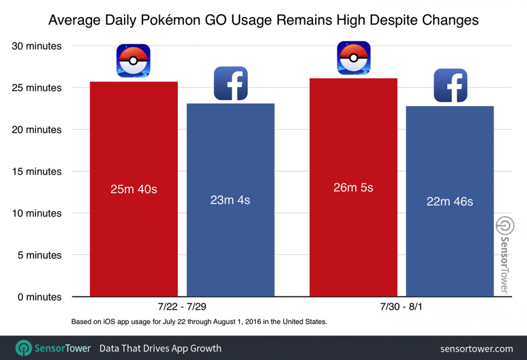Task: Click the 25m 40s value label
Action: pos(134,190)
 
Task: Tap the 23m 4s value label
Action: pos(230,200)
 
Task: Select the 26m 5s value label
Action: pos(353,187)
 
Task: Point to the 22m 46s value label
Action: pos(450,202)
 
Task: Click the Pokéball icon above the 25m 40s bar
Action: pos(134,61)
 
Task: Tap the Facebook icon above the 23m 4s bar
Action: pos(231,83)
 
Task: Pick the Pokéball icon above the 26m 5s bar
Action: pos(353,58)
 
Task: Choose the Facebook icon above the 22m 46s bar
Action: pos(450,85)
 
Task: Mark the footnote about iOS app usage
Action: pos(199,322)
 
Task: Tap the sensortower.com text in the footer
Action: pos(476,349)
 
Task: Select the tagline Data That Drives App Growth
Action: pos(160,349)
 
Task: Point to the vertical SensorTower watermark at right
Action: pos(502,255)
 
